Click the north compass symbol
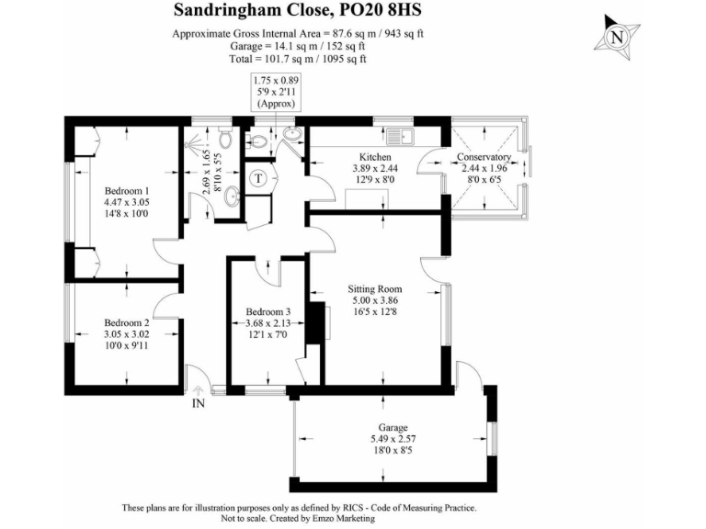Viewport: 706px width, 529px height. pos(618,37)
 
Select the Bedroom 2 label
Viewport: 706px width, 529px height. pos(126,322)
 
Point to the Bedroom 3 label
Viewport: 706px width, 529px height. pos(268,313)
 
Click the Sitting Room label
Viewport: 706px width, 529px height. pos(376,288)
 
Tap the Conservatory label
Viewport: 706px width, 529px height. pos(484,157)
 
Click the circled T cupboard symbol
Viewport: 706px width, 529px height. pos(259,178)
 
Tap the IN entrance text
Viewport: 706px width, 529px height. pos(198,402)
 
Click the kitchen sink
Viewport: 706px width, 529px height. pos(402,138)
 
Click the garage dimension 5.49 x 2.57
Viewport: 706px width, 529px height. pos(393,439)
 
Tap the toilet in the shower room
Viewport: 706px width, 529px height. pos(225,139)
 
